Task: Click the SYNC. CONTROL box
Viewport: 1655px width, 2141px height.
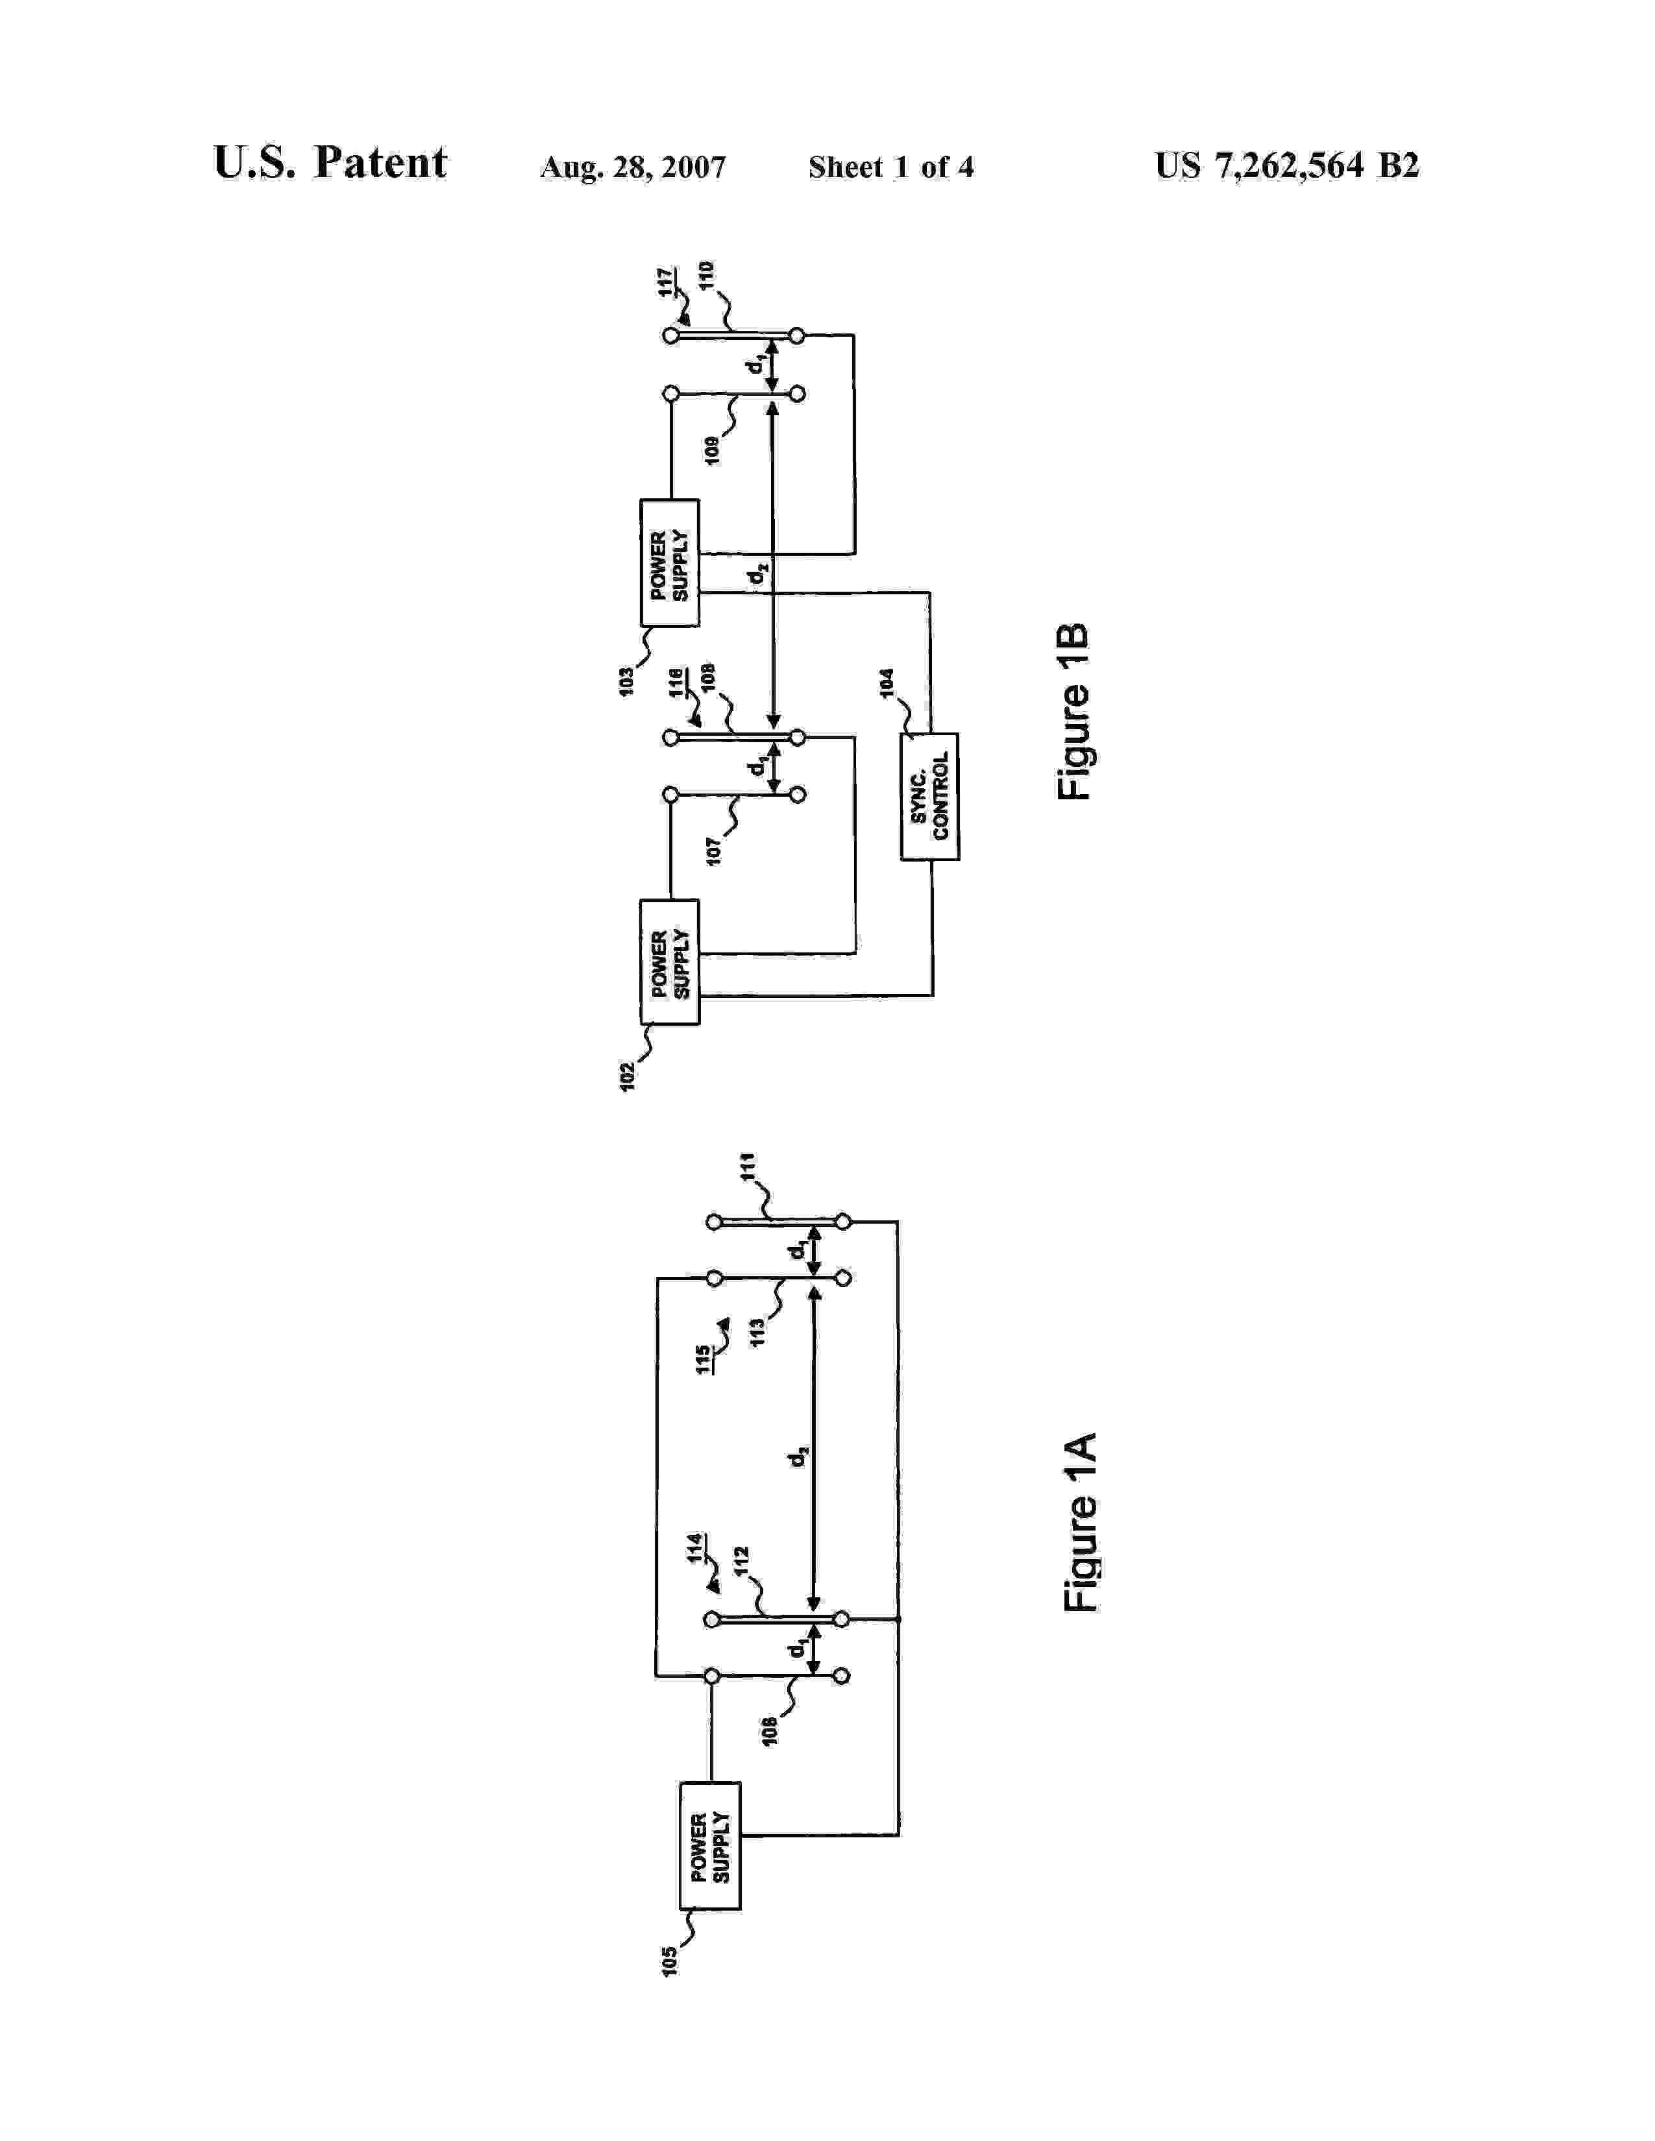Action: click(929, 796)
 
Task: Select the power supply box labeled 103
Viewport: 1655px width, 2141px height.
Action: click(670, 562)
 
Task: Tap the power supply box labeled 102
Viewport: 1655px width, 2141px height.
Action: click(670, 962)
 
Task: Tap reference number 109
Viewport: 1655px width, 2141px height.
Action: click(712, 450)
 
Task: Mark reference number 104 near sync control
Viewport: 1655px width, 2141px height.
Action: click(887, 683)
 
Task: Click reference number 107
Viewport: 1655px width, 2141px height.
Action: click(714, 850)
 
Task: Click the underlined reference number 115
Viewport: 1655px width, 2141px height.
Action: click(703, 1360)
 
